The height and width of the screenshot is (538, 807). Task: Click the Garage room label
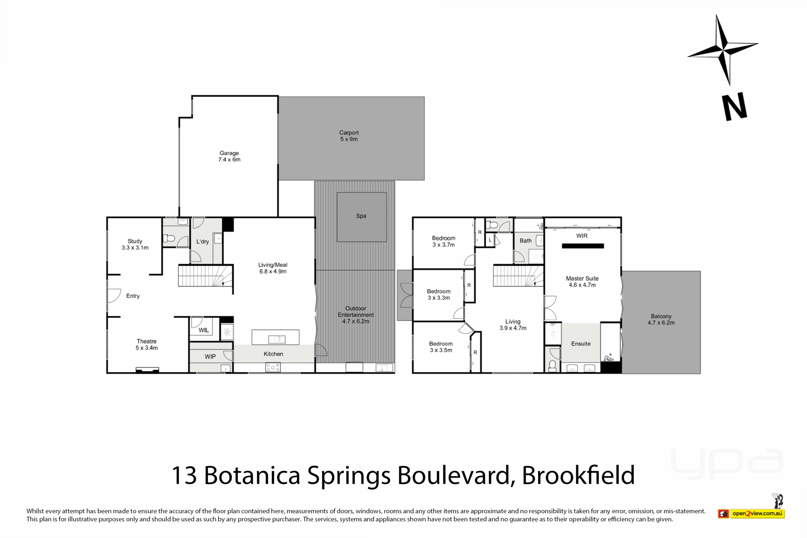[x=229, y=153]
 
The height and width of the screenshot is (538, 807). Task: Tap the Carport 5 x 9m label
[x=349, y=136]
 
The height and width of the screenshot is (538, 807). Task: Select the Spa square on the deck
[x=361, y=217]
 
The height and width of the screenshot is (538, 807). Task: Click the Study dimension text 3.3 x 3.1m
[x=135, y=248]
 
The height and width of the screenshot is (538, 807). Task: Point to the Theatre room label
[x=146, y=341]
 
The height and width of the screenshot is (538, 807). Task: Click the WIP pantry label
[x=210, y=356]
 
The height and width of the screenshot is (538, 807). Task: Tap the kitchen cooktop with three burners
[x=273, y=367]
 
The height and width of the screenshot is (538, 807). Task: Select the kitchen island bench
[x=275, y=337]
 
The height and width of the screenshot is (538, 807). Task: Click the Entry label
[x=133, y=296]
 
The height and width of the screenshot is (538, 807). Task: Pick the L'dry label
[x=203, y=242]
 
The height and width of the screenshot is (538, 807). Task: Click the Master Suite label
[x=582, y=278]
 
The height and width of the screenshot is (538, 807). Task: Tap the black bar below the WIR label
[x=583, y=246]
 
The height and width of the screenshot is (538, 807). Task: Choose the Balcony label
[x=661, y=316]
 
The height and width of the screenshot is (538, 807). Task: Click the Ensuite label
[x=581, y=344]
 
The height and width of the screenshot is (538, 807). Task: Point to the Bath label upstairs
[x=525, y=241]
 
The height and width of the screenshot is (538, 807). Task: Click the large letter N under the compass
[x=734, y=107]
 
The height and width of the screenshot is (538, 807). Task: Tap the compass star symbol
[x=723, y=49]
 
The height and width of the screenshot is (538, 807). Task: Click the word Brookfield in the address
[x=578, y=475]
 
